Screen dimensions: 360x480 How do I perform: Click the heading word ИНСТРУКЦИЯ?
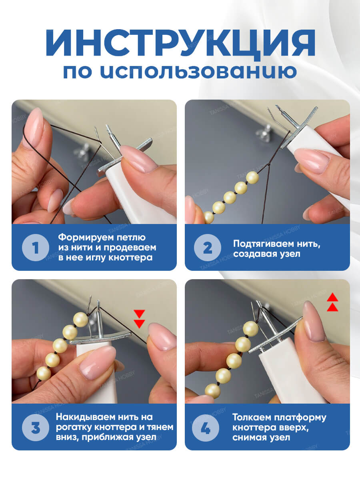click(180, 43)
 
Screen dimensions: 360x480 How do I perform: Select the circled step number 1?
click(36, 248)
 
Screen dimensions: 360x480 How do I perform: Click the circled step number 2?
click(208, 248)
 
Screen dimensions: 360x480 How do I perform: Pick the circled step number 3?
click(36, 428)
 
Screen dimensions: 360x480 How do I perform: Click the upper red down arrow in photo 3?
click(139, 314)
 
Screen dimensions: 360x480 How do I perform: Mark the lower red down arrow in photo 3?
click(139, 324)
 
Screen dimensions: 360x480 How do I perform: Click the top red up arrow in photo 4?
click(332, 297)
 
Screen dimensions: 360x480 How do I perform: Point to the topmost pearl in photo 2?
click(252, 178)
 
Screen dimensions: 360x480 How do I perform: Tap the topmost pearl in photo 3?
click(81, 320)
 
